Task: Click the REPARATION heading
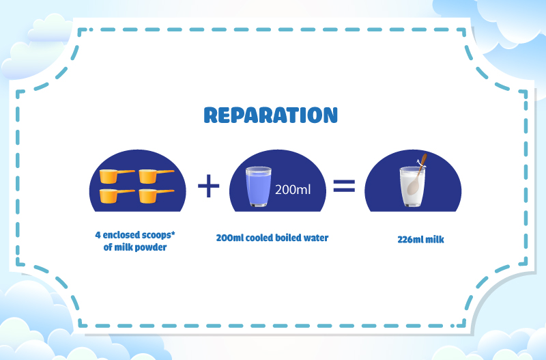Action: pyautogui.click(x=270, y=115)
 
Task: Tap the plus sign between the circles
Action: pyautogui.click(x=208, y=185)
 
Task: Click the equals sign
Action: pyautogui.click(x=344, y=186)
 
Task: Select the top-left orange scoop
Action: pyautogui.click(x=117, y=176)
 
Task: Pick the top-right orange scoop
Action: pyautogui.click(x=156, y=176)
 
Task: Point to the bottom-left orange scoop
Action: pyautogui.click(x=117, y=196)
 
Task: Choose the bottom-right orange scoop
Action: pyautogui.click(x=156, y=196)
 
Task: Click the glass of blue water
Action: pyautogui.click(x=259, y=186)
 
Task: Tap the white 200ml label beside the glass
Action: pyautogui.click(x=293, y=190)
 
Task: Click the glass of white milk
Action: pyautogui.click(x=412, y=186)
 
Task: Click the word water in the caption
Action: pyautogui.click(x=316, y=238)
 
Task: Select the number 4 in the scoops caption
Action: pyautogui.click(x=98, y=235)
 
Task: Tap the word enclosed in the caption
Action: pyautogui.click(x=121, y=235)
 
